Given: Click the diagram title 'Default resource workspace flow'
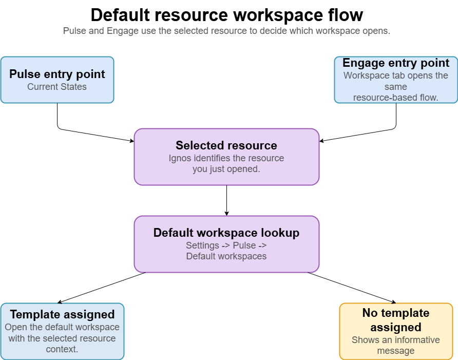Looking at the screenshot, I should (x=226, y=15).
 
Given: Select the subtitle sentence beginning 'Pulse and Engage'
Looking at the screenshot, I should (x=226, y=31).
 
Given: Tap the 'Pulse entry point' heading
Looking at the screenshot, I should (x=57, y=74).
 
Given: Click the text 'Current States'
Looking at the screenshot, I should (x=57, y=87).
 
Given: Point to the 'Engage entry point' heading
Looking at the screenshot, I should (x=396, y=63).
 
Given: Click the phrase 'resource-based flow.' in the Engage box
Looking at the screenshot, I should (x=396, y=98).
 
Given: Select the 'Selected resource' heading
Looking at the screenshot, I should (x=226, y=145).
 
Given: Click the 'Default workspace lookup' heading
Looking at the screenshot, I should (x=226, y=233).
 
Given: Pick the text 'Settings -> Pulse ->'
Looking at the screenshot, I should (x=226, y=245).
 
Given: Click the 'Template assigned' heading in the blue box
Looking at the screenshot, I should (x=62, y=314).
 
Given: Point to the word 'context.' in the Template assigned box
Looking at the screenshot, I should (x=62, y=349).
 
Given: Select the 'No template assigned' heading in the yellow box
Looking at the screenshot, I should (x=396, y=320).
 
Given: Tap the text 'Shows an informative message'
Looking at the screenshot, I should (x=396, y=345).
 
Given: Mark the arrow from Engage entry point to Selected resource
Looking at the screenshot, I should (x=359, y=134).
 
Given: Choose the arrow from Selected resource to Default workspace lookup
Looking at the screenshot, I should (x=226, y=200).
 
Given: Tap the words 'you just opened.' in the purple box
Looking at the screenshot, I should (x=226, y=168).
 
